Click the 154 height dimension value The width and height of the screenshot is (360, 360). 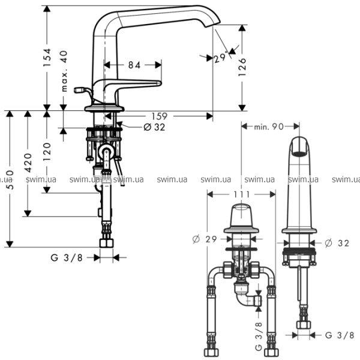pos(47,58)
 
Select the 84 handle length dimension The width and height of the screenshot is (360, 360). pos(134,65)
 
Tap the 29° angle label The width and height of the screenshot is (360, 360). pos(221,58)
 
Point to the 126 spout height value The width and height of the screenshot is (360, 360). pos(242,67)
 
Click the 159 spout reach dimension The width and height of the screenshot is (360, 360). pos(160,116)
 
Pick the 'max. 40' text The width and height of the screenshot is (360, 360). pos(65,71)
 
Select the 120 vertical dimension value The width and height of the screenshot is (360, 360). pos(47,152)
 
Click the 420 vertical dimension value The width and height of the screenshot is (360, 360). pos(28,163)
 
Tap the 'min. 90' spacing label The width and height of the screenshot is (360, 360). pos(269,127)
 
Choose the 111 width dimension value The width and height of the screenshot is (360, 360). pos(242,194)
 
